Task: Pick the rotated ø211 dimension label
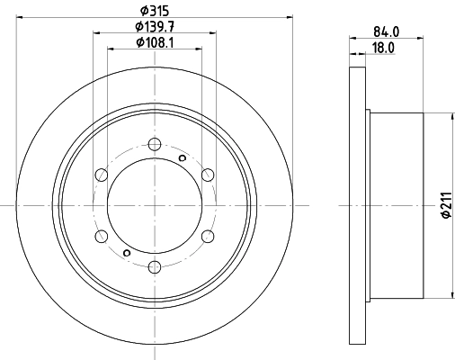point(444,207)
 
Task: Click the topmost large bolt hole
point(154,144)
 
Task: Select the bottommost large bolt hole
point(154,266)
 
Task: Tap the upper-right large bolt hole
point(207,175)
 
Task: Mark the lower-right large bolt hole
point(207,236)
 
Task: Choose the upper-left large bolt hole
point(101,175)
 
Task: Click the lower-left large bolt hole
point(101,236)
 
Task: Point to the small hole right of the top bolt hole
point(183,158)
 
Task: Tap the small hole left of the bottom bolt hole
point(126,253)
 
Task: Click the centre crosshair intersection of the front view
point(154,205)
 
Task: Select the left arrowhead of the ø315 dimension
point(19,15)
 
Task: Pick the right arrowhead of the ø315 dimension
point(290,15)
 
